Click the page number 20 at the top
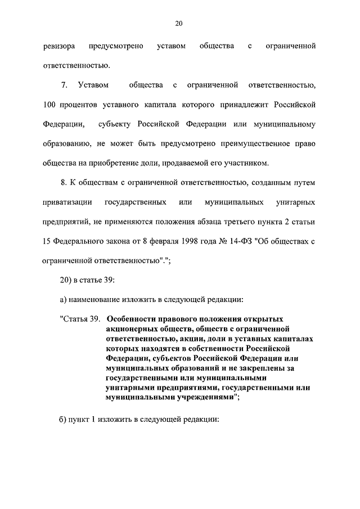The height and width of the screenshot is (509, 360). tap(179, 23)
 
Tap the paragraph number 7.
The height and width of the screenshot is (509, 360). tap(63, 85)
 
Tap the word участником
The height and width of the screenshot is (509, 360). tap(245, 164)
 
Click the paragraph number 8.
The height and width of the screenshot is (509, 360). tap(63, 183)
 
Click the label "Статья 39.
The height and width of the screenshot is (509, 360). tap(79, 318)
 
